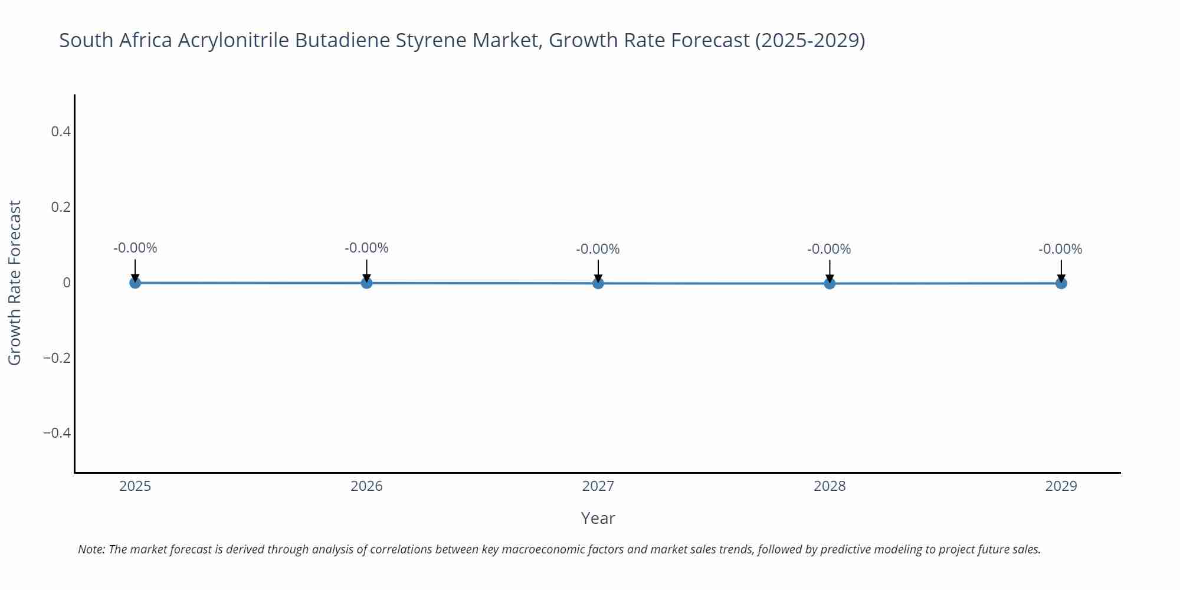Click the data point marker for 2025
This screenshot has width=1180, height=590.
point(135,283)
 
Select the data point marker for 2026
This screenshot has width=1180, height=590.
point(366,283)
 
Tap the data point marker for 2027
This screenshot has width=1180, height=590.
point(598,283)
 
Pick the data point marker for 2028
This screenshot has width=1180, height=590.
point(830,283)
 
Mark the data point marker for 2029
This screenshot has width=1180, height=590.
point(1061,283)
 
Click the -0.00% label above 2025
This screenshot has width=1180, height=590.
point(135,248)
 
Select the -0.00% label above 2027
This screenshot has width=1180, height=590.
point(598,249)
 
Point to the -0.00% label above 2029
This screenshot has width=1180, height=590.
point(1060,249)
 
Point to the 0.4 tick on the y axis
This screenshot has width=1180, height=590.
point(61,132)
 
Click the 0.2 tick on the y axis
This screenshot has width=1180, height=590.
point(61,207)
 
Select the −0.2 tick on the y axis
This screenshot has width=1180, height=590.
point(57,358)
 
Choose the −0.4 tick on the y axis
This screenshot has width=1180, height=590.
point(57,434)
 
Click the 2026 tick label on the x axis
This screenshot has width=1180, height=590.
point(366,486)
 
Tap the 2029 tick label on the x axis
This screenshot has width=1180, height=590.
point(1061,486)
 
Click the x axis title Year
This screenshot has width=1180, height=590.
point(598,518)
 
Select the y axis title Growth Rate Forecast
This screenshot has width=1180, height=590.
point(15,283)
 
